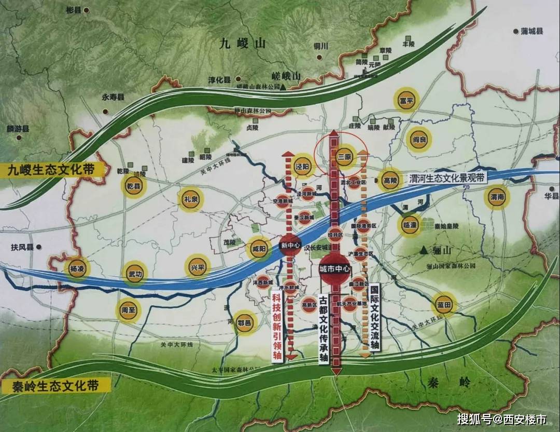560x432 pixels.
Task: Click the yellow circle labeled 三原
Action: click(x=345, y=156)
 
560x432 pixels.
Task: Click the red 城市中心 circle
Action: click(x=335, y=269)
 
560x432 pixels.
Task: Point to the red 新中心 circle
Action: click(x=290, y=245)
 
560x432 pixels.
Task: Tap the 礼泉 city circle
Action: click(x=190, y=199)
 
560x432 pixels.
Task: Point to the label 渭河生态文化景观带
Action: click(x=447, y=178)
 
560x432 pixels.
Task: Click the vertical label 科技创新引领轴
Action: click(x=277, y=326)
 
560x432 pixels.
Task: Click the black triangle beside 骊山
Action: click(x=425, y=250)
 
